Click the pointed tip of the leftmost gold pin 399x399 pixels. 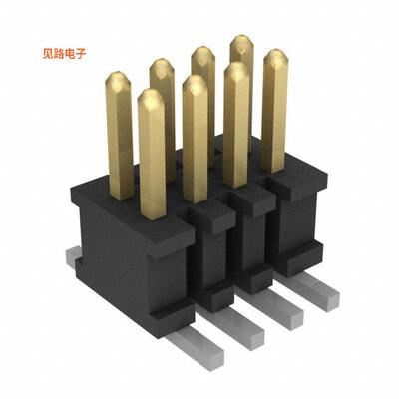pos(119,76)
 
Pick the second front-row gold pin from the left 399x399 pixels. pos(196,140)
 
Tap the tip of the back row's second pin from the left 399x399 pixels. pos(162,63)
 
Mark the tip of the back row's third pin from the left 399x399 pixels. pos(202,51)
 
